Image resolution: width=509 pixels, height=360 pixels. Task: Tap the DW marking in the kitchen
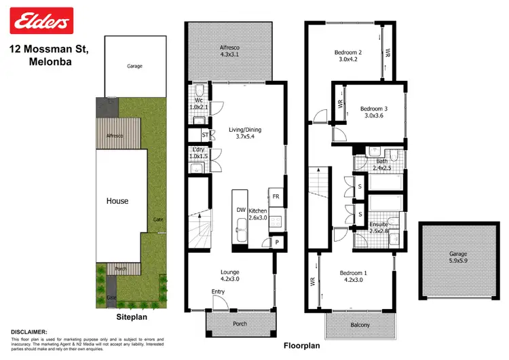(x=241, y=211)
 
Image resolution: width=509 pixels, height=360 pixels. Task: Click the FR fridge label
(x=276, y=197)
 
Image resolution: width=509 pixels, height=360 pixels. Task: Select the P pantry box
(x=277, y=242)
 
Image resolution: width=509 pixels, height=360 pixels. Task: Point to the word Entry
(x=219, y=292)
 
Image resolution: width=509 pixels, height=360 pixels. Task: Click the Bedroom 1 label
(x=354, y=276)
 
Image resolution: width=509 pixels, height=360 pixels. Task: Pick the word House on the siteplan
(x=117, y=201)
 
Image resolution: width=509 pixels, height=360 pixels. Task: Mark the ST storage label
(x=205, y=135)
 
